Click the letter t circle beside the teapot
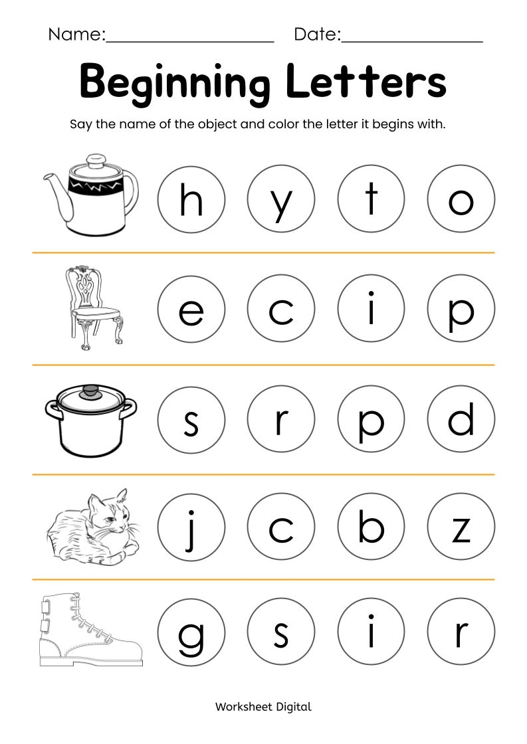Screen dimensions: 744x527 [x=371, y=199]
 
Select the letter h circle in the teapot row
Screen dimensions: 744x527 [x=191, y=199]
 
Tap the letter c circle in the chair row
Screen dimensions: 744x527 [x=281, y=309]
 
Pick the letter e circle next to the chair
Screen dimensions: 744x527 [x=191, y=309]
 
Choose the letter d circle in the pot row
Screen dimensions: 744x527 [x=461, y=420]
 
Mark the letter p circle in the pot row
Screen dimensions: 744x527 [x=371, y=420]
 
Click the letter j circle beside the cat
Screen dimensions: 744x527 [x=191, y=528]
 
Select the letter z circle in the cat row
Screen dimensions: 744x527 [x=461, y=528]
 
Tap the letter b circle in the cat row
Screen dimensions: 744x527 [x=371, y=528]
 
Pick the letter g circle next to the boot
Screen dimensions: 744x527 [x=191, y=632]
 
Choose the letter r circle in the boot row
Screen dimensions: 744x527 [x=461, y=632]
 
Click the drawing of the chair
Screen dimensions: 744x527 [x=94, y=308]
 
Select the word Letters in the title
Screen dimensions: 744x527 [x=366, y=82]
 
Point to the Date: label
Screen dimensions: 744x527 [x=317, y=35]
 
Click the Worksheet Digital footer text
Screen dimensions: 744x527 [x=263, y=707]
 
